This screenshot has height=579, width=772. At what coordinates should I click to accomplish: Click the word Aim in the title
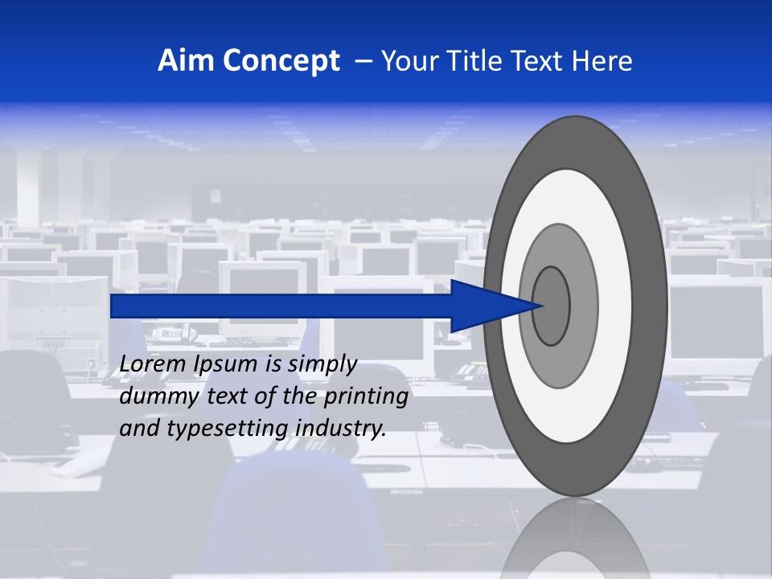click(183, 61)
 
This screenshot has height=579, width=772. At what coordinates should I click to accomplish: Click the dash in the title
click(363, 61)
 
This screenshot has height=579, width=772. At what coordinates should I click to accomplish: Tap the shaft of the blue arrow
click(281, 306)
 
